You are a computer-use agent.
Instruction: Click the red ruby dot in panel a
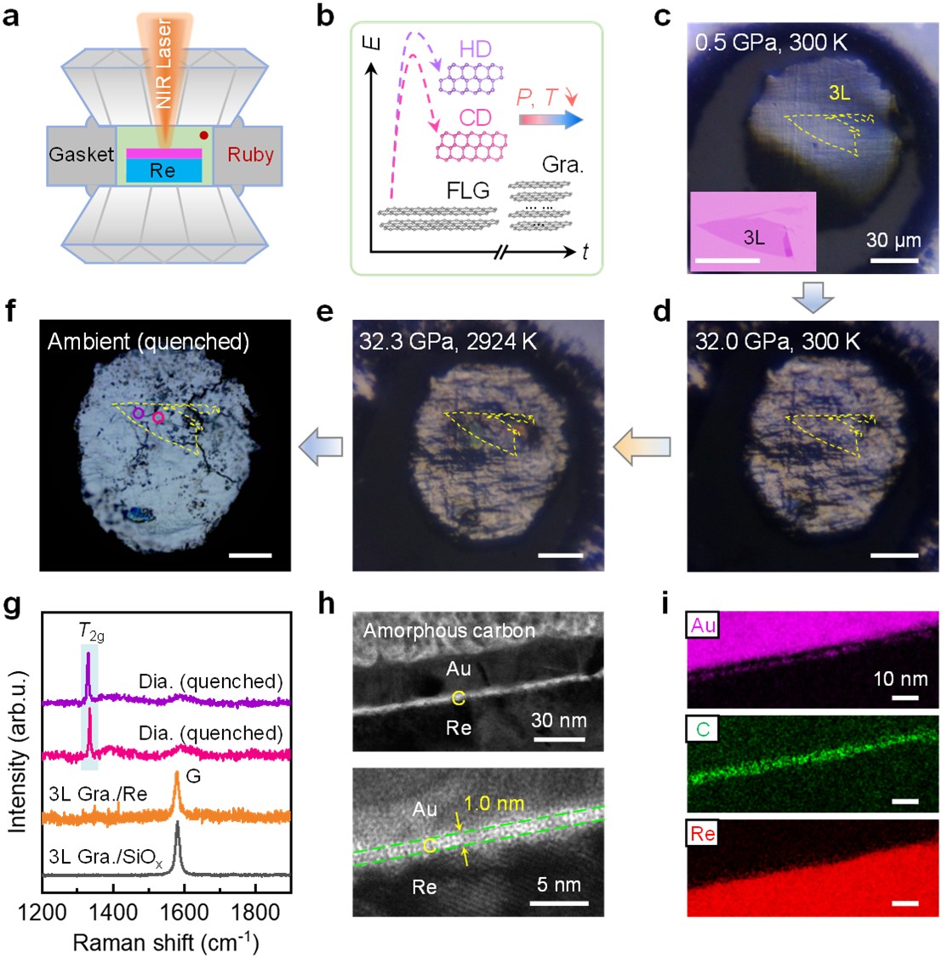coord(204,135)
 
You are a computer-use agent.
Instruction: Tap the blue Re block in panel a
coord(163,170)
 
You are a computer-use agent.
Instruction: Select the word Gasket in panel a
coord(81,154)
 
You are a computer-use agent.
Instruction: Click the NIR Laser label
coord(163,64)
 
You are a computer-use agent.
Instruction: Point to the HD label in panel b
coord(475,48)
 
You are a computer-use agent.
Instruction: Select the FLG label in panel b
coord(468,191)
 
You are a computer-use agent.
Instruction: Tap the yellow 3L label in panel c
coord(839,94)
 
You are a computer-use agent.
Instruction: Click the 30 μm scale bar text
coord(893,240)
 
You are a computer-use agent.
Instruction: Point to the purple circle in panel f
coord(138,413)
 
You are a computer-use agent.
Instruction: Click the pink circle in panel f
coord(158,417)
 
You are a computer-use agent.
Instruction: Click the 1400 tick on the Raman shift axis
coord(113,913)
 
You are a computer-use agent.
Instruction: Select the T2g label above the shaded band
coord(90,631)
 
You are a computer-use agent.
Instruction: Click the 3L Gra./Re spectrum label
coord(99,794)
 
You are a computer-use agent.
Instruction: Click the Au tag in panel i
coord(702,627)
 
